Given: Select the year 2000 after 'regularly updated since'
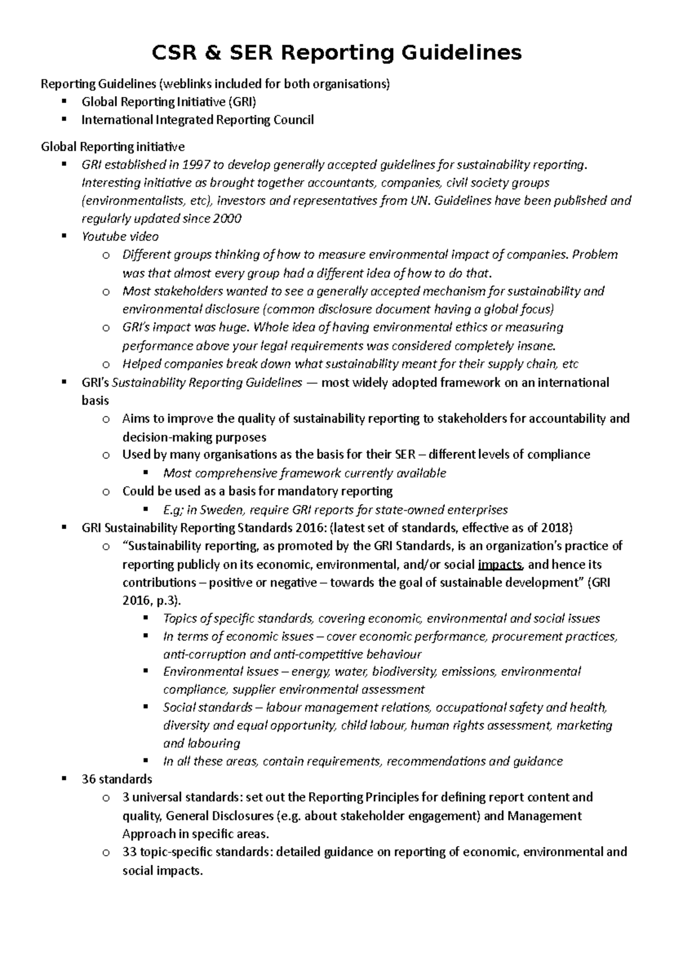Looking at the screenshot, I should click(227, 219).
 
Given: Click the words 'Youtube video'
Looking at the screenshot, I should click(120, 237).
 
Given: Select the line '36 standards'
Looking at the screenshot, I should click(117, 779).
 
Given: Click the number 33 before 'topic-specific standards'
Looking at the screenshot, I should click(129, 852).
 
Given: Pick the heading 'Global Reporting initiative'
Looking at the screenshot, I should click(113, 147).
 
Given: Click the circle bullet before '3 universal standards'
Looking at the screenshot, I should click(106, 798).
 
